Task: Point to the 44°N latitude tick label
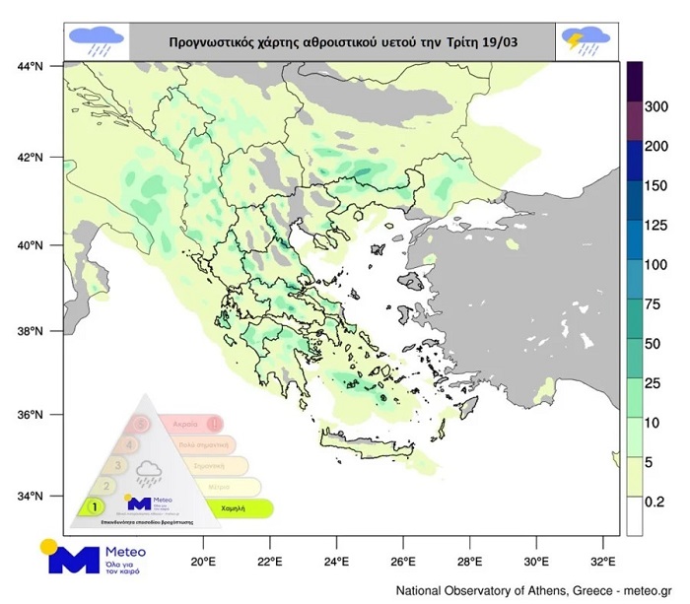click(x=29, y=66)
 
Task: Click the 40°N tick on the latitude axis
click(x=29, y=245)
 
